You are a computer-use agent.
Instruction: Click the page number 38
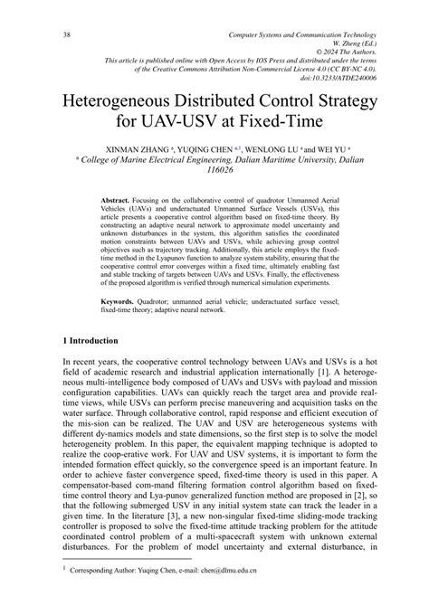[39, 33]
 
